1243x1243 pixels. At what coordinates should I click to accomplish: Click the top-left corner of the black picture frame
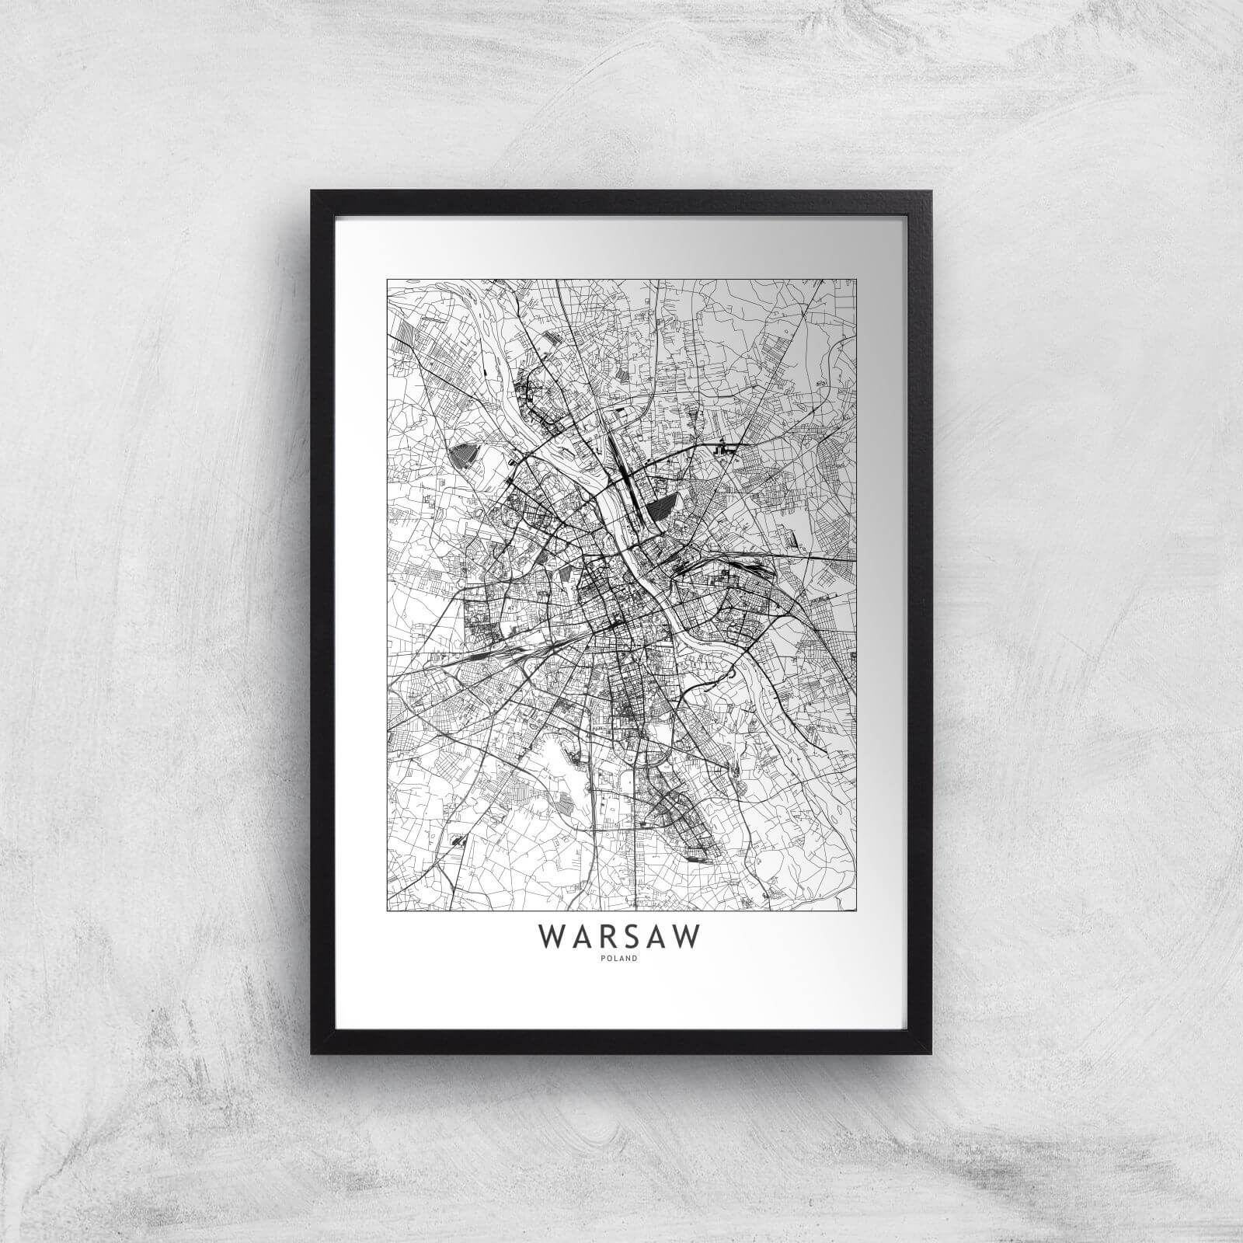[312, 191]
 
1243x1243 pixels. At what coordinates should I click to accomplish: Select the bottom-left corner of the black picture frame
[312, 1053]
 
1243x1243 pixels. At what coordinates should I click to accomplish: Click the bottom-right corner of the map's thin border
[857, 908]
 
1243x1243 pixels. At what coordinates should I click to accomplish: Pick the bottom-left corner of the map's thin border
[387, 908]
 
